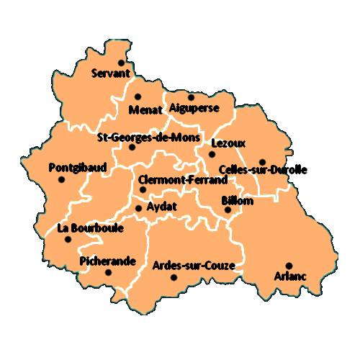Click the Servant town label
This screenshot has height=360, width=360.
tap(111, 73)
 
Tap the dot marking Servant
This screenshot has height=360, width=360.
tap(121, 63)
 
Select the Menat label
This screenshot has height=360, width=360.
tap(144, 110)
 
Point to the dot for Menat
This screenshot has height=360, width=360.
tap(138, 96)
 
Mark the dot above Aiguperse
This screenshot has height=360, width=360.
tap(191, 96)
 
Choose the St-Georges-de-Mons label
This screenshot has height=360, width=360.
tap(143, 137)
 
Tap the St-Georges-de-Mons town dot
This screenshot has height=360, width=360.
tap(132, 148)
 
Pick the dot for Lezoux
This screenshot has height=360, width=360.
tap(212, 153)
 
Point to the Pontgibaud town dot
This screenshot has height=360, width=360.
tap(61, 179)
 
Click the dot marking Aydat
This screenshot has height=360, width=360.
tap(138, 209)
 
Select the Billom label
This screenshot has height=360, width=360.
tap(237, 201)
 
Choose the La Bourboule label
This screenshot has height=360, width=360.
tap(90, 229)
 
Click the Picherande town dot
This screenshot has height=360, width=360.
tap(108, 272)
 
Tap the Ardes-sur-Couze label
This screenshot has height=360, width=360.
tap(194, 266)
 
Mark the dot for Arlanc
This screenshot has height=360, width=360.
tap(289, 266)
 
